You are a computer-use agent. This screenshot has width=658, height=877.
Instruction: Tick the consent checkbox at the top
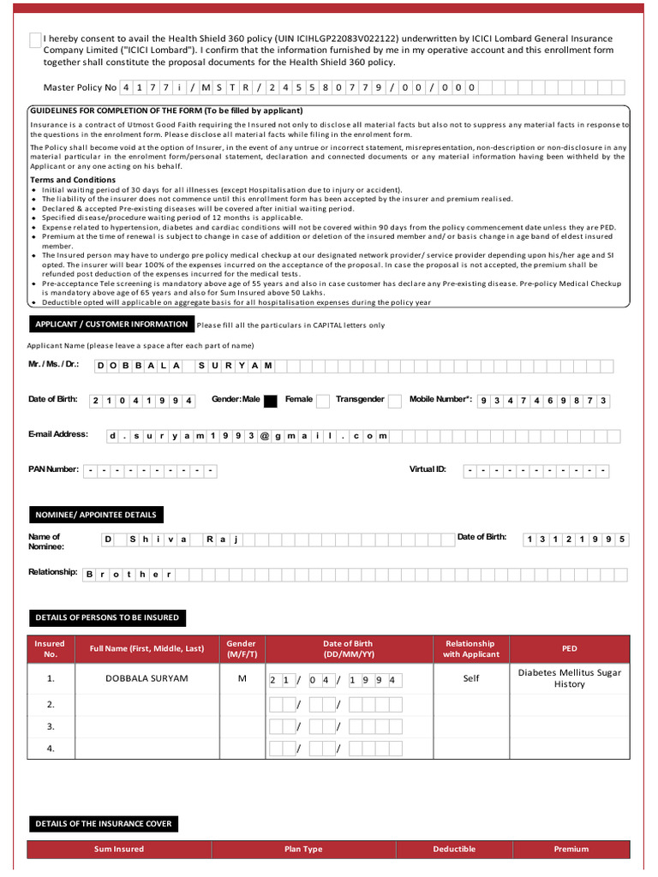click(34, 39)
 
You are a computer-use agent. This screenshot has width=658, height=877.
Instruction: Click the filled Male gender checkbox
click(270, 400)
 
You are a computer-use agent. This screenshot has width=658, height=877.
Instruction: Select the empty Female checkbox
click(322, 400)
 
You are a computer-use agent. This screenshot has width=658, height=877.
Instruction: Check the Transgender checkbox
click(394, 400)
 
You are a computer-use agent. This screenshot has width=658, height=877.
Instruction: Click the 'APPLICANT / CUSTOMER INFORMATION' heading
click(111, 325)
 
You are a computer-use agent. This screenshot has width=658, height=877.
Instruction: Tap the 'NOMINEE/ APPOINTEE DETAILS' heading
click(95, 515)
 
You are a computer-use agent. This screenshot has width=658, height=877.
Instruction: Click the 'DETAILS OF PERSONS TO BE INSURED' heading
click(107, 617)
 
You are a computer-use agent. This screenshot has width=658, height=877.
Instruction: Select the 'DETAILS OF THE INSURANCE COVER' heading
click(103, 824)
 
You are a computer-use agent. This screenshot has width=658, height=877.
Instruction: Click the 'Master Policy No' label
click(79, 87)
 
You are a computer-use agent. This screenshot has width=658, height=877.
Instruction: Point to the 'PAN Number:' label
click(53, 469)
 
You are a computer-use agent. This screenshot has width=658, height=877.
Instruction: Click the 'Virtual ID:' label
click(428, 469)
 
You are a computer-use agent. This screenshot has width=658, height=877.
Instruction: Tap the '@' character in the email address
click(265, 436)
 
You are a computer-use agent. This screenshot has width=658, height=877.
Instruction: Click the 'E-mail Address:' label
click(57, 434)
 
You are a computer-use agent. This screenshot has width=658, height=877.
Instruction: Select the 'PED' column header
click(570, 649)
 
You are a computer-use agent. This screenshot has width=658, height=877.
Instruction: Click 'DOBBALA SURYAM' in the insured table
click(147, 678)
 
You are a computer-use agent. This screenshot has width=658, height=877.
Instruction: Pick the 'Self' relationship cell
click(470, 678)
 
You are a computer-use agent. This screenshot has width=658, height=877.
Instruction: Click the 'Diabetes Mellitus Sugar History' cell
click(570, 678)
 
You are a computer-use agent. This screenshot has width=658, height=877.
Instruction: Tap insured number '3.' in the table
click(51, 726)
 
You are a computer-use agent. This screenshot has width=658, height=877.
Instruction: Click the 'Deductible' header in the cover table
click(454, 849)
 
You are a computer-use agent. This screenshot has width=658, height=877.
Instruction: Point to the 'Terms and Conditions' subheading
click(73, 180)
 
